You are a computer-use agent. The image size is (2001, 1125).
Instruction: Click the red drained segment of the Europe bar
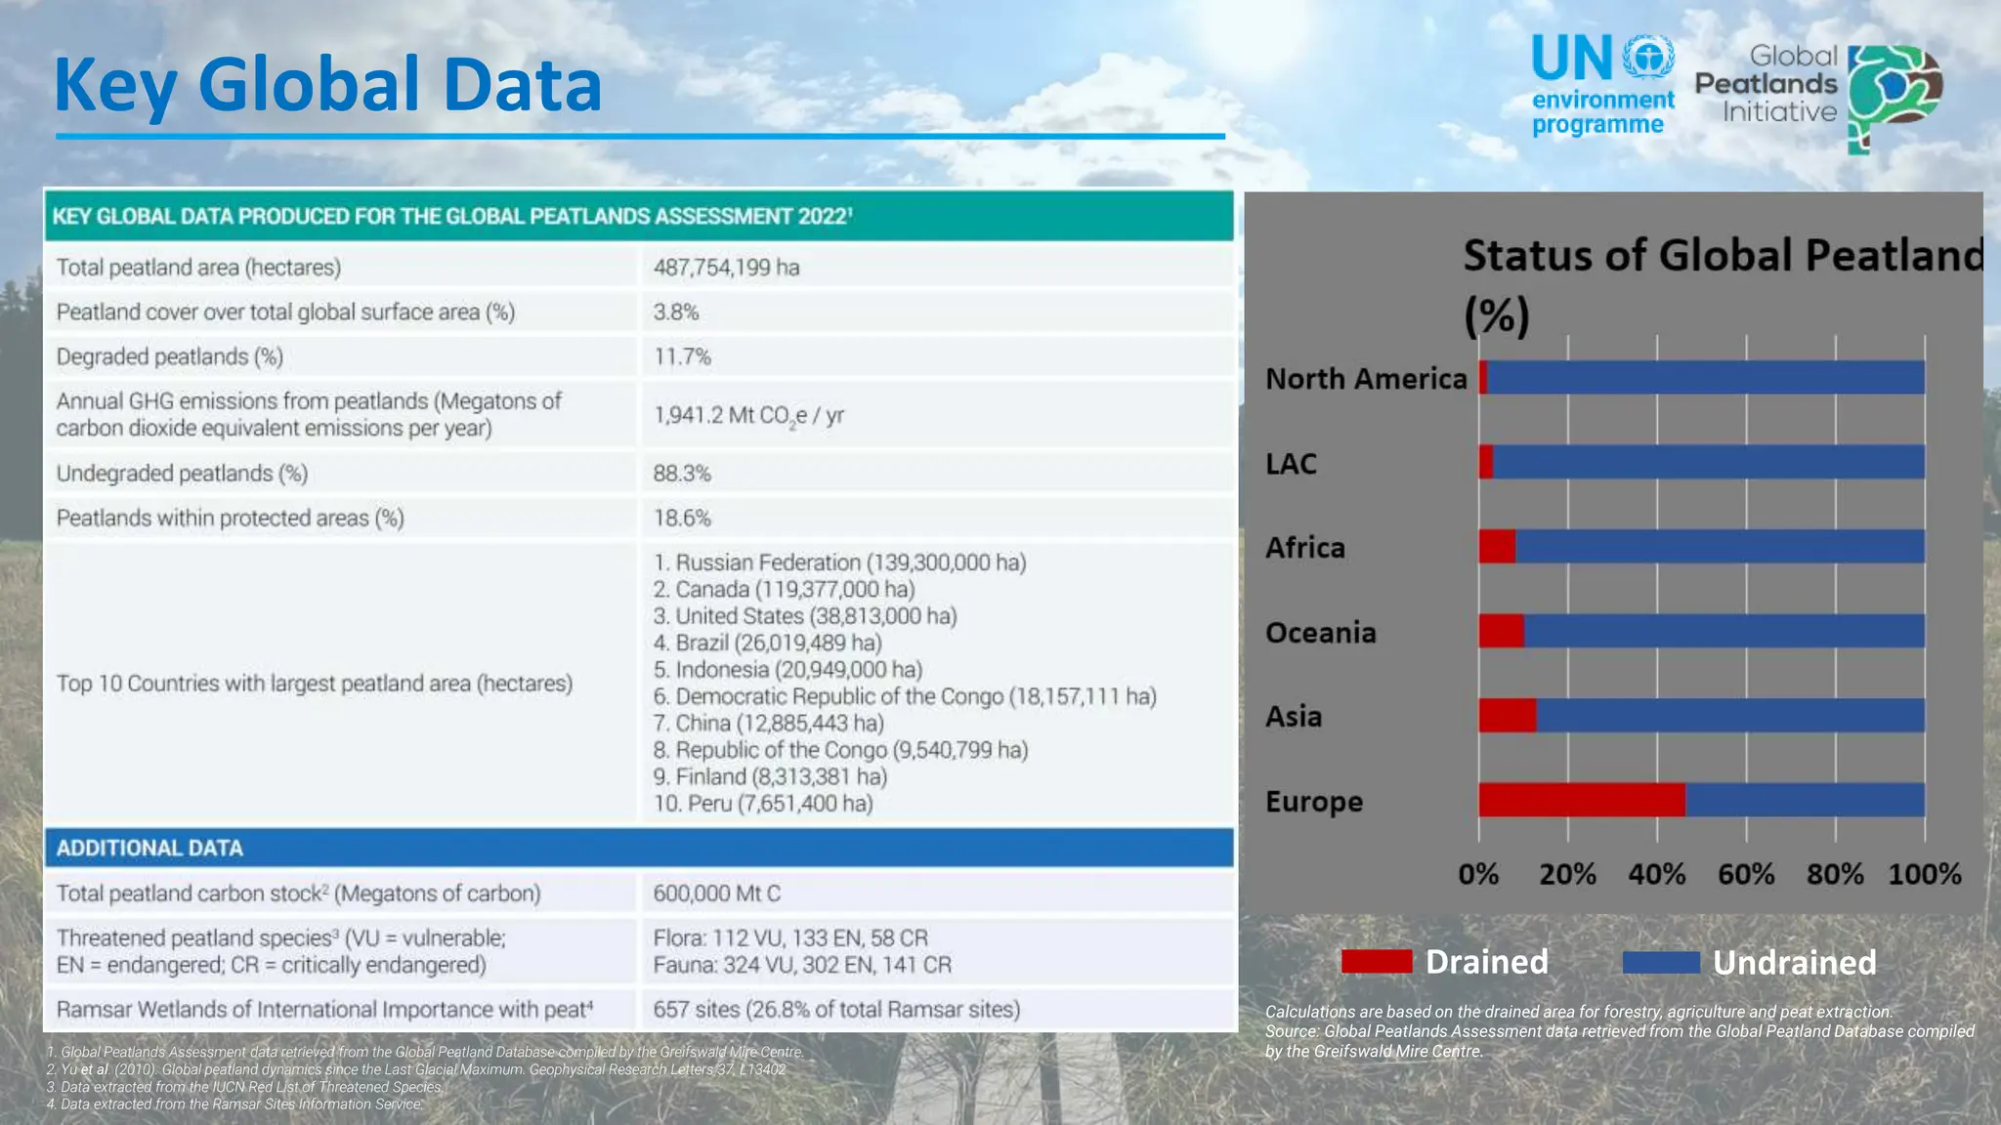coord(1581,800)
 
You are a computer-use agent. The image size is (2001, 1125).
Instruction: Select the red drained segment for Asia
coord(1507,716)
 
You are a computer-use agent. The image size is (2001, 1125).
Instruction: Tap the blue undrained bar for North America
coord(1705,378)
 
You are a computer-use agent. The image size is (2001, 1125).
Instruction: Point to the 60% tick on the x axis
coord(1746,874)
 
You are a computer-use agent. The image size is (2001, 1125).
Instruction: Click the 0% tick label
coord(1478,874)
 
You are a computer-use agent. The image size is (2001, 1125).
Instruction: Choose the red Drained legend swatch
coord(1376,962)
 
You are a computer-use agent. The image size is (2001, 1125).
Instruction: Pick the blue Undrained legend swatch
coord(1661,962)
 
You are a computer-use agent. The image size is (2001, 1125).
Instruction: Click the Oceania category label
coord(1320,633)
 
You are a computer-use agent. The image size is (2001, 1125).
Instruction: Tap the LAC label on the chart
coord(1291,464)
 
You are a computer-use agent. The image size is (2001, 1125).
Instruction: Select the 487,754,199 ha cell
coord(726,268)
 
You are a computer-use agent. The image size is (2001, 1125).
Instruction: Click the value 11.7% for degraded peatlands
coord(682,356)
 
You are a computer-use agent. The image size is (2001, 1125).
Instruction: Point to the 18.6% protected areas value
coord(682,518)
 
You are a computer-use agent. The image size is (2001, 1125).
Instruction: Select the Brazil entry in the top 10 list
coord(767,643)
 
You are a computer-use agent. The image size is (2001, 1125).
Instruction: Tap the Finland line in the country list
coord(770,776)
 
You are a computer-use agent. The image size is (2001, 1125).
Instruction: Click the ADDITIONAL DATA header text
coord(149,848)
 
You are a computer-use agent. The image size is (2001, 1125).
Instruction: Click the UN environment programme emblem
coord(1648,59)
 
